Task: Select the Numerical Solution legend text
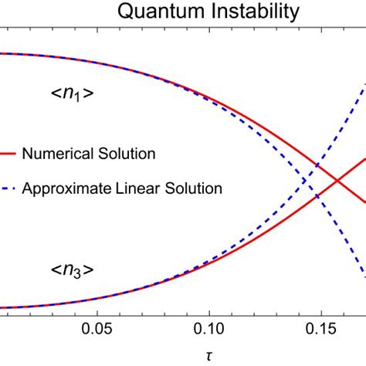[x=89, y=153]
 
